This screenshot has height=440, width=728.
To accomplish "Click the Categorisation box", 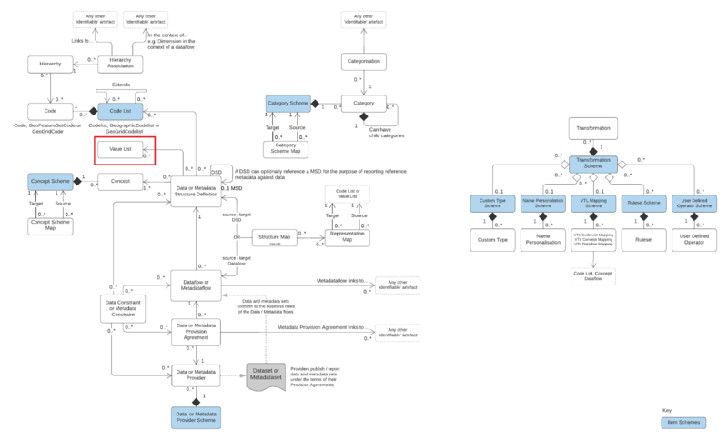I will (365, 62).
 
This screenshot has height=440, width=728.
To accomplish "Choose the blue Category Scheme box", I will (288, 104).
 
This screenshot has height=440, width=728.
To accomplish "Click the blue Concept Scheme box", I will (49, 181).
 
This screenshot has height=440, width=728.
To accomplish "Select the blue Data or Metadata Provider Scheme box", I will (197, 417).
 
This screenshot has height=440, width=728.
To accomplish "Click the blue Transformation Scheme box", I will (593, 165).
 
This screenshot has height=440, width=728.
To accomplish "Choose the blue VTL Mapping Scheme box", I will (593, 205).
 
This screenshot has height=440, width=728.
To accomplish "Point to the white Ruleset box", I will (643, 241).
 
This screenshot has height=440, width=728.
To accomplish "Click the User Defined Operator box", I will (694, 241).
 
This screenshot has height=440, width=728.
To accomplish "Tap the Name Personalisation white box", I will (544, 241).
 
